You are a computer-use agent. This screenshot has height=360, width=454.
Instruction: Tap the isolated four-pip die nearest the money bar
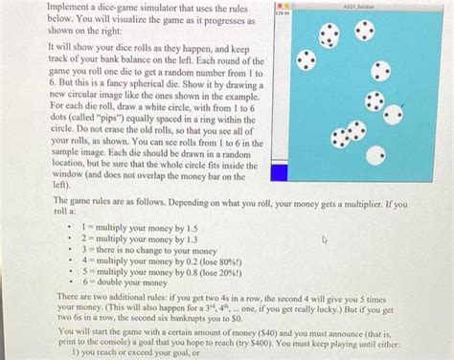pyautogui.click(x=306, y=61)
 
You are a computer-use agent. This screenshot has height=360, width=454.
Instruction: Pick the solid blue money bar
pyautogui.click(x=279, y=172)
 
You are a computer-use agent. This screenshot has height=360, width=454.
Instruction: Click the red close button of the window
pyautogui.click(x=275, y=4)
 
